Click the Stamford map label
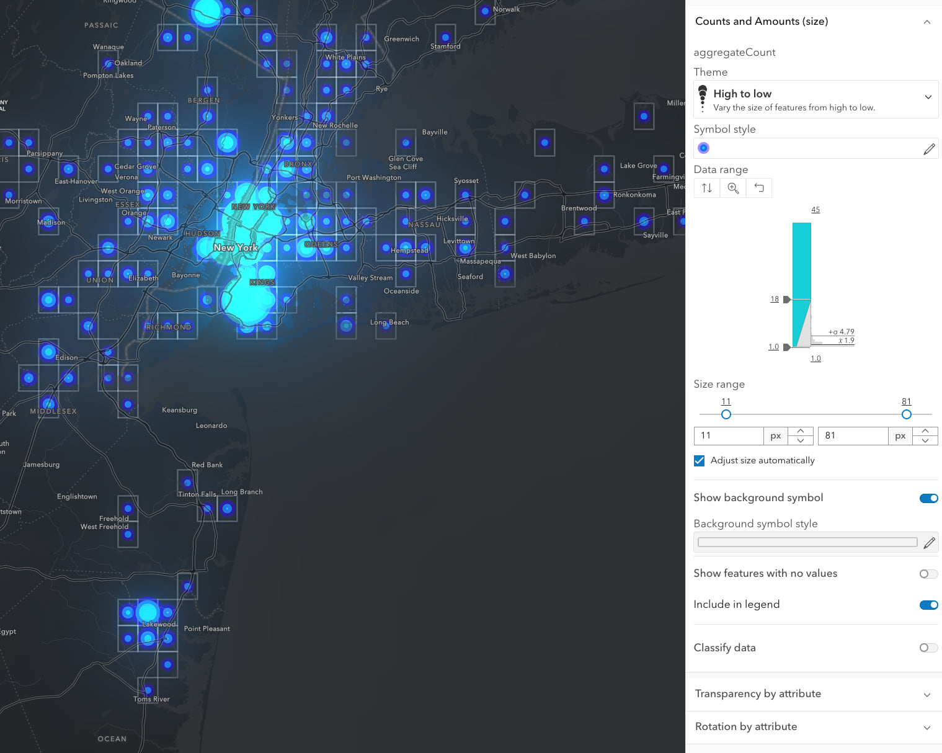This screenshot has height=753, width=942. coord(445,47)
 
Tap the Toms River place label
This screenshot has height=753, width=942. coord(151,699)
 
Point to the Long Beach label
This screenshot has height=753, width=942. coord(389,323)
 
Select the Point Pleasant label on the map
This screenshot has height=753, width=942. coord(207,629)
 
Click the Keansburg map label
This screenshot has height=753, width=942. coord(179,410)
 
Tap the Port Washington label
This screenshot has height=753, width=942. coord(374,177)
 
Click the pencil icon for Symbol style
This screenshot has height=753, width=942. coord(928,149)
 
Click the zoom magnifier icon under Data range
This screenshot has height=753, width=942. coord(733,188)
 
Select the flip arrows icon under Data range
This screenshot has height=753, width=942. coord(707,188)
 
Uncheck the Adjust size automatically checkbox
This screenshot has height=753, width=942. coord(700,460)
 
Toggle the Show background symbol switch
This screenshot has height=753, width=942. coord(928,498)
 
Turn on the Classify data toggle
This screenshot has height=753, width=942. coord(928,648)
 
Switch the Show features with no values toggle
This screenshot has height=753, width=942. coord(928,574)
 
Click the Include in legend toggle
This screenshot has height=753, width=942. coord(928,605)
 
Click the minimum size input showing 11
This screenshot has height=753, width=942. coord(728,435)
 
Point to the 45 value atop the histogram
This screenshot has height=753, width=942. coord(815,210)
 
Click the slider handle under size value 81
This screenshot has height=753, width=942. coord(907,414)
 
